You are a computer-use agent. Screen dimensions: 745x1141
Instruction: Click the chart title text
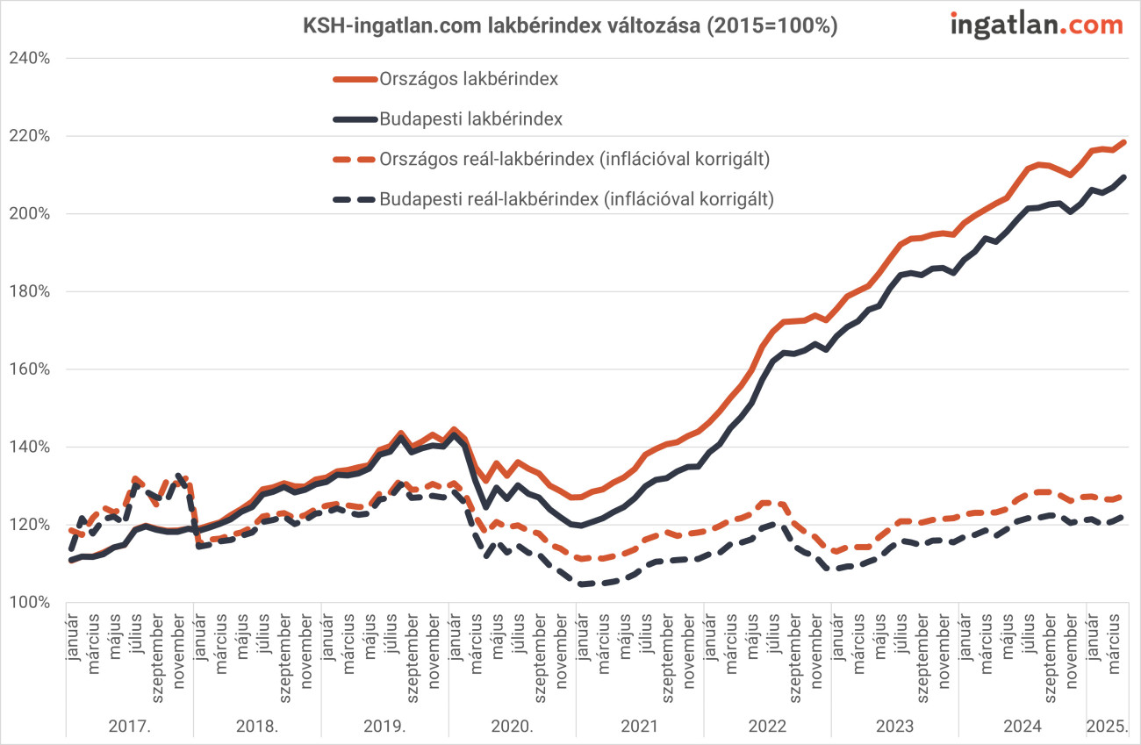point(570,27)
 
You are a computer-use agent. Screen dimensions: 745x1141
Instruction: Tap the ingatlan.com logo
point(1037,25)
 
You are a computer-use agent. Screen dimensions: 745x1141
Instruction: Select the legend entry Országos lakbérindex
point(469,79)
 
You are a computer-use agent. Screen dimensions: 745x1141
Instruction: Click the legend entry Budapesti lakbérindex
point(470,118)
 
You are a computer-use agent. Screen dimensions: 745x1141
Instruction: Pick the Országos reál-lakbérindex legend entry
point(575,159)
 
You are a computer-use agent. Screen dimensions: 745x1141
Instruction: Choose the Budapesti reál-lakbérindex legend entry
point(577,199)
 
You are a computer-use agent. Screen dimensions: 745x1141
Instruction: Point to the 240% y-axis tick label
point(28,59)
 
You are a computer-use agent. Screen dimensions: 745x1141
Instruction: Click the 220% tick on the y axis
point(28,137)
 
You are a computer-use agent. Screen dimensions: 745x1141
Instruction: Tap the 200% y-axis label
point(28,214)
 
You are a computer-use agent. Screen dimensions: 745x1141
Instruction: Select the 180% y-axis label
point(28,292)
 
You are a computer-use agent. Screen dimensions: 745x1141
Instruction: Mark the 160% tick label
point(28,369)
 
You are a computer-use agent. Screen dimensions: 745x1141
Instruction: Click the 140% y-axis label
point(28,448)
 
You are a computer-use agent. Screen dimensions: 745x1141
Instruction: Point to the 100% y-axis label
point(28,603)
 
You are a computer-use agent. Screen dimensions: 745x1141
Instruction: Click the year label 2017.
point(129,727)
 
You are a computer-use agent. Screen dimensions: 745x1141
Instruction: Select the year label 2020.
point(512,727)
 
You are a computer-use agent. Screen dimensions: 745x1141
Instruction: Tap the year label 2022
point(766,727)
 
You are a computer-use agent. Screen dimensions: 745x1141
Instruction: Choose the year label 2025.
point(1106,727)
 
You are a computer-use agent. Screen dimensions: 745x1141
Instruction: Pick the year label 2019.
point(384,727)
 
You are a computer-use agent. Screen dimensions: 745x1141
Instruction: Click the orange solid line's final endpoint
point(1125,142)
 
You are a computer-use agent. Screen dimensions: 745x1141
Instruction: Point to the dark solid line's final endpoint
point(1125,177)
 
